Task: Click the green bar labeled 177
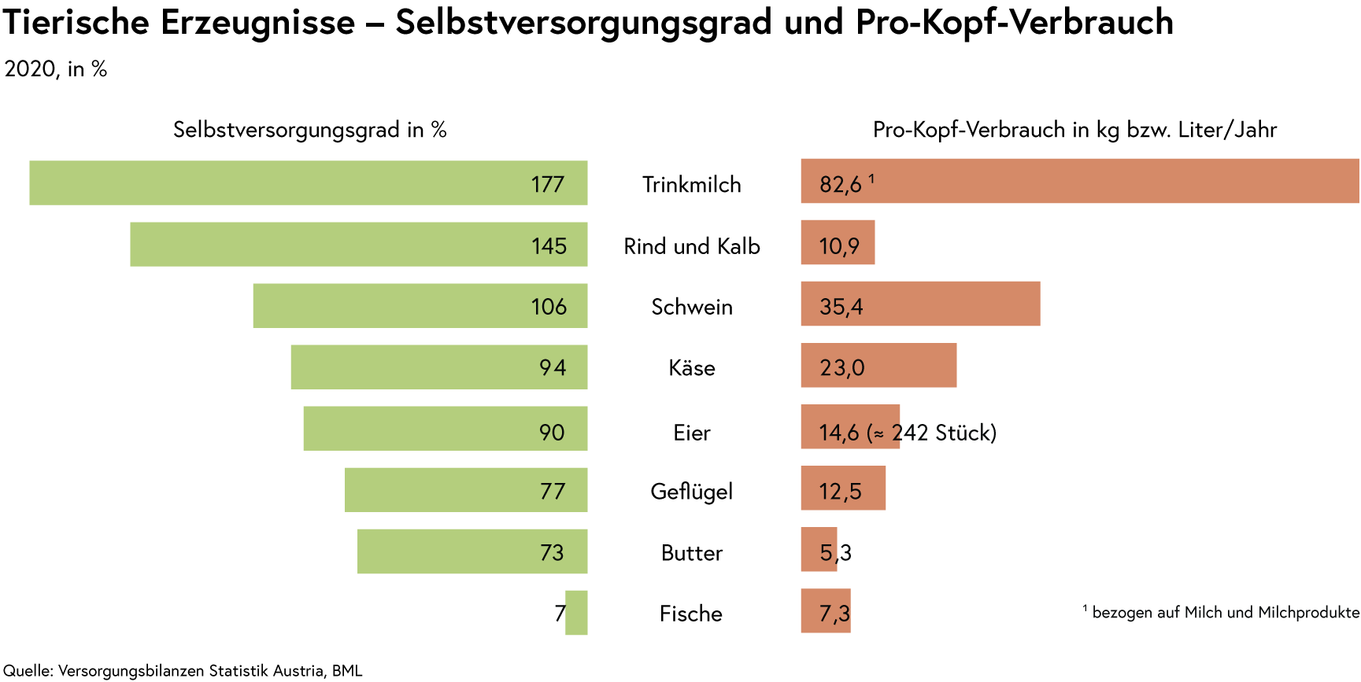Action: click(x=309, y=182)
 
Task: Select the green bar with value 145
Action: click(x=359, y=244)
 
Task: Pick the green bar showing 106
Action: click(x=420, y=305)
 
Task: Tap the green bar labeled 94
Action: click(x=439, y=367)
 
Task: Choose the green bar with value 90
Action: click(x=446, y=428)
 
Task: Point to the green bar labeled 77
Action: click(x=466, y=489)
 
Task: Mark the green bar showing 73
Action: click(x=472, y=551)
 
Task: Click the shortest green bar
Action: click(x=577, y=612)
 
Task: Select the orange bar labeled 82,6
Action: click(x=1080, y=181)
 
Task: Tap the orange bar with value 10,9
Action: click(x=838, y=242)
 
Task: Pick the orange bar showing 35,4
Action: click(x=920, y=304)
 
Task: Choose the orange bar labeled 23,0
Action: click(x=878, y=365)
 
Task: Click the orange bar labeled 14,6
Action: click(x=850, y=426)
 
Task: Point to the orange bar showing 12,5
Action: click(x=843, y=488)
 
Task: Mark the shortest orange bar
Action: click(x=819, y=549)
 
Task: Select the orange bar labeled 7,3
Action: click(x=826, y=611)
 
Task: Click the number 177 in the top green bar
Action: click(x=548, y=185)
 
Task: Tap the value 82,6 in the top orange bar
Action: click(x=841, y=185)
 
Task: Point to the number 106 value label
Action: click(x=549, y=307)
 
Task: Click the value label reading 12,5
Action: click(x=840, y=492)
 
